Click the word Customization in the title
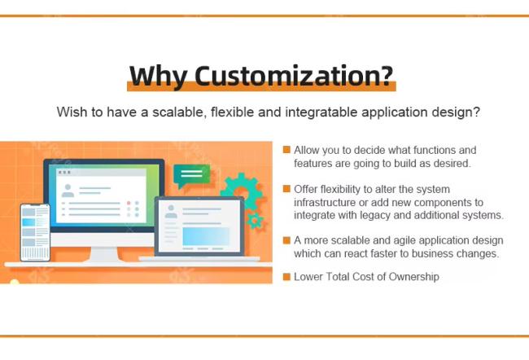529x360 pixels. (294, 76)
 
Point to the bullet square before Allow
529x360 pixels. (286, 150)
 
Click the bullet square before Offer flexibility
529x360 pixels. (286, 189)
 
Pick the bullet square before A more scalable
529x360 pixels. (286, 240)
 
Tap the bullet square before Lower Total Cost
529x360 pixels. (286, 277)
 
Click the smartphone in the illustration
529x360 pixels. (35, 232)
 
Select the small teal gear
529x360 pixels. (255, 221)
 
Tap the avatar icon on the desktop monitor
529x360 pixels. (68, 191)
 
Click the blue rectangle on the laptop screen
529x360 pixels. (206, 236)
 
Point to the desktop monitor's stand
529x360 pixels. (104, 255)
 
